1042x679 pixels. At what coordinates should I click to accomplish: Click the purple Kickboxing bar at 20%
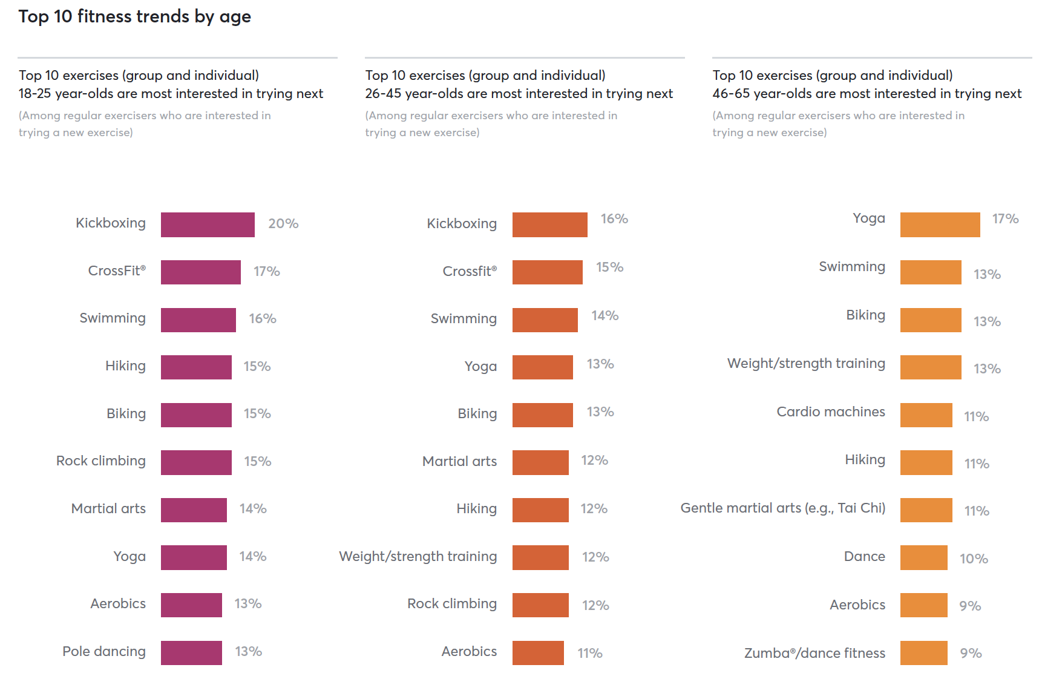coord(208,225)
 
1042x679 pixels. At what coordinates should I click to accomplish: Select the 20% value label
coord(283,224)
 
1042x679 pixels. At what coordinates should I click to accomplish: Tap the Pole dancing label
coord(104,652)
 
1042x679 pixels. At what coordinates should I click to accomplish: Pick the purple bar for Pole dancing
coord(191,653)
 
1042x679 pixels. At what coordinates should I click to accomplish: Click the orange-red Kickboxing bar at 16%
coord(549,225)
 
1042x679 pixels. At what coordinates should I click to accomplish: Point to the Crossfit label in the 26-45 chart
coord(470,271)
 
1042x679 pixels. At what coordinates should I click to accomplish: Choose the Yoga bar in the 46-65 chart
coord(940,225)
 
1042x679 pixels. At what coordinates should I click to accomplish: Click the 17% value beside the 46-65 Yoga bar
coord(1005,219)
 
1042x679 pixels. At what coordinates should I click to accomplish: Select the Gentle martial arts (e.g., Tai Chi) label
coord(782,508)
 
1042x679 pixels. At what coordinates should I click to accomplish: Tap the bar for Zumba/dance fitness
coord(923,653)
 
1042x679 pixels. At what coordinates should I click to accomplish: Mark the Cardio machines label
coord(830,412)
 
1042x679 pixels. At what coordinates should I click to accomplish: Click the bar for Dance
coord(923,557)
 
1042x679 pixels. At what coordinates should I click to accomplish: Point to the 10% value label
coord(974,559)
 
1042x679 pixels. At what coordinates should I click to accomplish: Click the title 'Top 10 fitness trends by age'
coord(134,16)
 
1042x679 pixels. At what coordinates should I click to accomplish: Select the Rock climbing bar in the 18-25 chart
coord(196,462)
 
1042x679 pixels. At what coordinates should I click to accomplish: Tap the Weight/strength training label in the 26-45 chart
coord(418,557)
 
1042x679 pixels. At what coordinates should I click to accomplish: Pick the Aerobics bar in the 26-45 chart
coord(538,653)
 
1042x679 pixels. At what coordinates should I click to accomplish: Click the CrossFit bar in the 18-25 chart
coord(200,272)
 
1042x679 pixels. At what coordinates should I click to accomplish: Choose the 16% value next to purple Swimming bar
coord(263,319)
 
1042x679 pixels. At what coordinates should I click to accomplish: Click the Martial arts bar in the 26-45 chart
coord(540,462)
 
